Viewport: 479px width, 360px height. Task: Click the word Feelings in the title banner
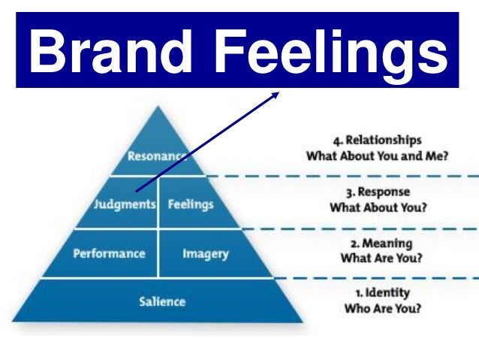(x=343, y=50)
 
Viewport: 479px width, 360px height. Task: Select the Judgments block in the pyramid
(x=125, y=204)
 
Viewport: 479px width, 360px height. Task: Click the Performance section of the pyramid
(x=108, y=253)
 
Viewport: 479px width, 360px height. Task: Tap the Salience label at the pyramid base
(x=161, y=302)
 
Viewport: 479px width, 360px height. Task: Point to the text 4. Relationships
(x=377, y=141)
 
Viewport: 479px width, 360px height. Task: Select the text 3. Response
(x=377, y=192)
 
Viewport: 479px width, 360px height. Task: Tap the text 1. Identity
(x=381, y=292)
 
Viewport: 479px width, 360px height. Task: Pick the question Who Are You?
(x=381, y=308)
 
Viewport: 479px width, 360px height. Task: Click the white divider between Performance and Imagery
(x=158, y=253)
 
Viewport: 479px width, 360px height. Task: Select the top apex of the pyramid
(x=158, y=108)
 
